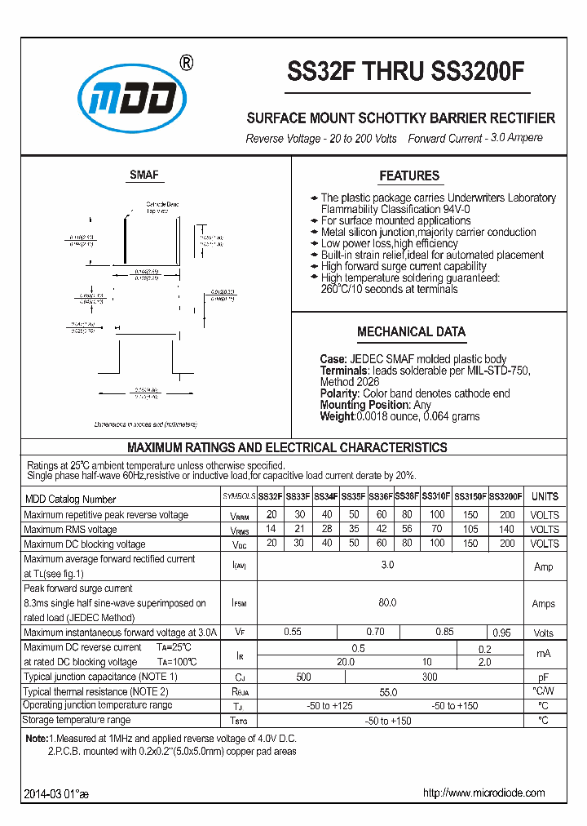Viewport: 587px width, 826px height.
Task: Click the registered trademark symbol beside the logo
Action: click(x=185, y=64)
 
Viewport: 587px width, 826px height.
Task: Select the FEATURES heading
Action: click(x=409, y=175)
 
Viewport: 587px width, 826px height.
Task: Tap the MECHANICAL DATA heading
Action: click(x=411, y=331)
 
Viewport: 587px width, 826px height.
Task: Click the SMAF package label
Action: click(x=144, y=175)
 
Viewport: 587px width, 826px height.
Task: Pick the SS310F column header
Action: click(x=436, y=496)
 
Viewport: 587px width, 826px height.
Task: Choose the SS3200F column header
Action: click(x=505, y=496)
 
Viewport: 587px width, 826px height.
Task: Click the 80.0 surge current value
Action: click(x=387, y=603)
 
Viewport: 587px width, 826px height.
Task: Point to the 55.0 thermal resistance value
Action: click(x=387, y=691)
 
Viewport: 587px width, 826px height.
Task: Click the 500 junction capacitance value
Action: click(x=303, y=677)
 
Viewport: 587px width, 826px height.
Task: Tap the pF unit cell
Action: click(x=544, y=677)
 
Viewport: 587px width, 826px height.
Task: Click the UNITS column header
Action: click(x=545, y=496)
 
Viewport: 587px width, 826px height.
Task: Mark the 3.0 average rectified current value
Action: click(x=387, y=566)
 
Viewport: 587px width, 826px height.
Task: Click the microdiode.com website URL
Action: click(x=483, y=793)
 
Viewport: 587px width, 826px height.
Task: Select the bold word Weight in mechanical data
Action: click(x=337, y=416)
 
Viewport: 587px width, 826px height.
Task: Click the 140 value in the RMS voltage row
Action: click(x=506, y=530)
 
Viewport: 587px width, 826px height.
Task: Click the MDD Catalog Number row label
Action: click(x=70, y=499)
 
